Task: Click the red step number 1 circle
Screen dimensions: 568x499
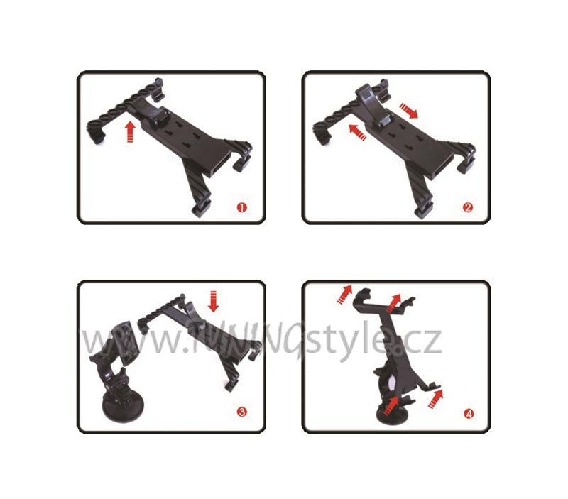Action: coord(241,207)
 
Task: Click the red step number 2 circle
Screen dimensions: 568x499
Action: coord(468,207)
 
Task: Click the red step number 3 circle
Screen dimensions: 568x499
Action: coord(242,412)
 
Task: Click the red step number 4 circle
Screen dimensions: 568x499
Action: coord(469,414)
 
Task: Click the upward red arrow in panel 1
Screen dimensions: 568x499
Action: coord(131,132)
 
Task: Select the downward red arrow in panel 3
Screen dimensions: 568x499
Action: coord(214,301)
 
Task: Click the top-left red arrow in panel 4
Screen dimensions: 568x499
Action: coord(344,294)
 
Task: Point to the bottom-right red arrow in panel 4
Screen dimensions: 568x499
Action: coord(435,399)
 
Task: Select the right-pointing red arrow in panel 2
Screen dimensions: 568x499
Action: coord(409,111)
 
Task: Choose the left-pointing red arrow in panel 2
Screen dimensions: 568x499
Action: coord(358,132)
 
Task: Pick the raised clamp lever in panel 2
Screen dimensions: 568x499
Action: coord(372,105)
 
